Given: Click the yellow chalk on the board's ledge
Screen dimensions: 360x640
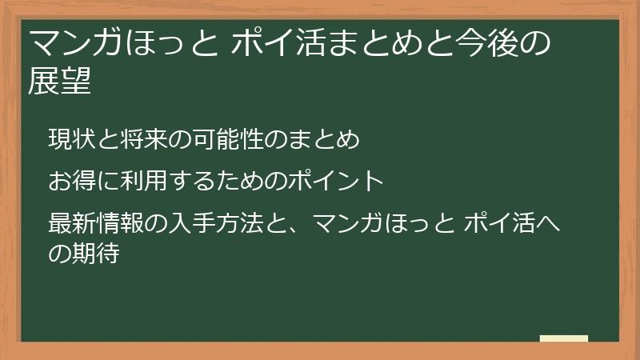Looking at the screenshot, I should pos(563,338).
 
